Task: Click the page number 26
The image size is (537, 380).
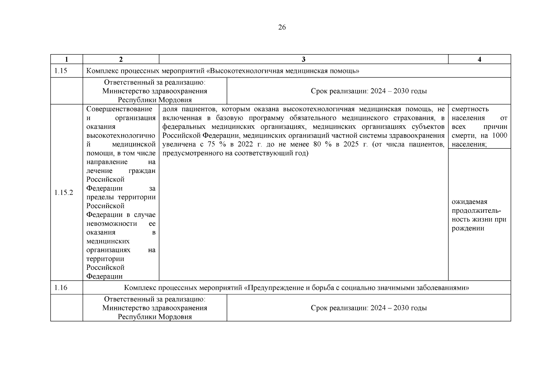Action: pyautogui.click(x=282, y=28)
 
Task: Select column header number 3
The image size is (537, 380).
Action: pyautogui.click(x=303, y=60)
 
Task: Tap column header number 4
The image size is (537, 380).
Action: pyautogui.click(x=479, y=60)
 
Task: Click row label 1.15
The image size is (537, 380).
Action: pyautogui.click(x=61, y=71)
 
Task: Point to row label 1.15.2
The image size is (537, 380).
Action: pyautogui.click(x=64, y=193)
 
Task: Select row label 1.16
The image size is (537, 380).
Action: pyautogui.click(x=61, y=288)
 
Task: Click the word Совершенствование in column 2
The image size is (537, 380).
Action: pyautogui.click(x=119, y=109)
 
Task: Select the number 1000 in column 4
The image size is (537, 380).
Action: pyautogui.click(x=500, y=136)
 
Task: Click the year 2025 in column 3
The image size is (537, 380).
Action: pyautogui.click(x=352, y=144)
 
